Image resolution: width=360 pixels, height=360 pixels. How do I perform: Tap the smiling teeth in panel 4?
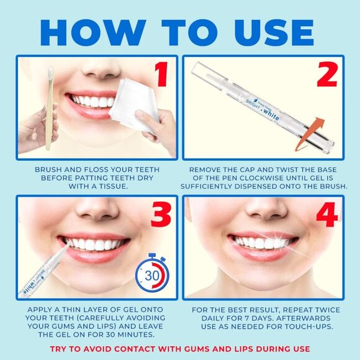click(262, 241)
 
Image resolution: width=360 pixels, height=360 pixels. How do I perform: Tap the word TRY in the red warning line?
click(60, 348)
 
